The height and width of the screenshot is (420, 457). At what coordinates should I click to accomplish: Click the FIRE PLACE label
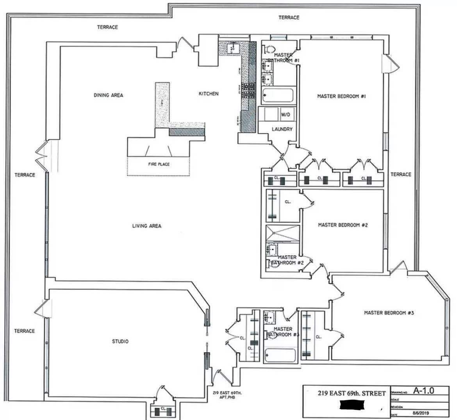[159, 164]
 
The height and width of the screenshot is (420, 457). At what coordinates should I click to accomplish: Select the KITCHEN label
[209, 94]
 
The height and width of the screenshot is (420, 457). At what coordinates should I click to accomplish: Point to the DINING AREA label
[108, 95]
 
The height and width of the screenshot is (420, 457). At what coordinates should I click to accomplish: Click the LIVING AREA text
[146, 226]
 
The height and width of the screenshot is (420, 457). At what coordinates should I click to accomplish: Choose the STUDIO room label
[120, 341]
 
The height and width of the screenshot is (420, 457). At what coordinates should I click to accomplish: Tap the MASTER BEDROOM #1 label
[341, 96]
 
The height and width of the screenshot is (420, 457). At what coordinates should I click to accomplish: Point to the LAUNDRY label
[282, 129]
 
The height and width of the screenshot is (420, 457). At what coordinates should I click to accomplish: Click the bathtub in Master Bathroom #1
[277, 95]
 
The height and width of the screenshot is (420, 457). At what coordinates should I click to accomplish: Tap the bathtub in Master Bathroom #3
[280, 355]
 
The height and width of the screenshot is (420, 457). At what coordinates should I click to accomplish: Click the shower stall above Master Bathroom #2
[283, 233]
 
